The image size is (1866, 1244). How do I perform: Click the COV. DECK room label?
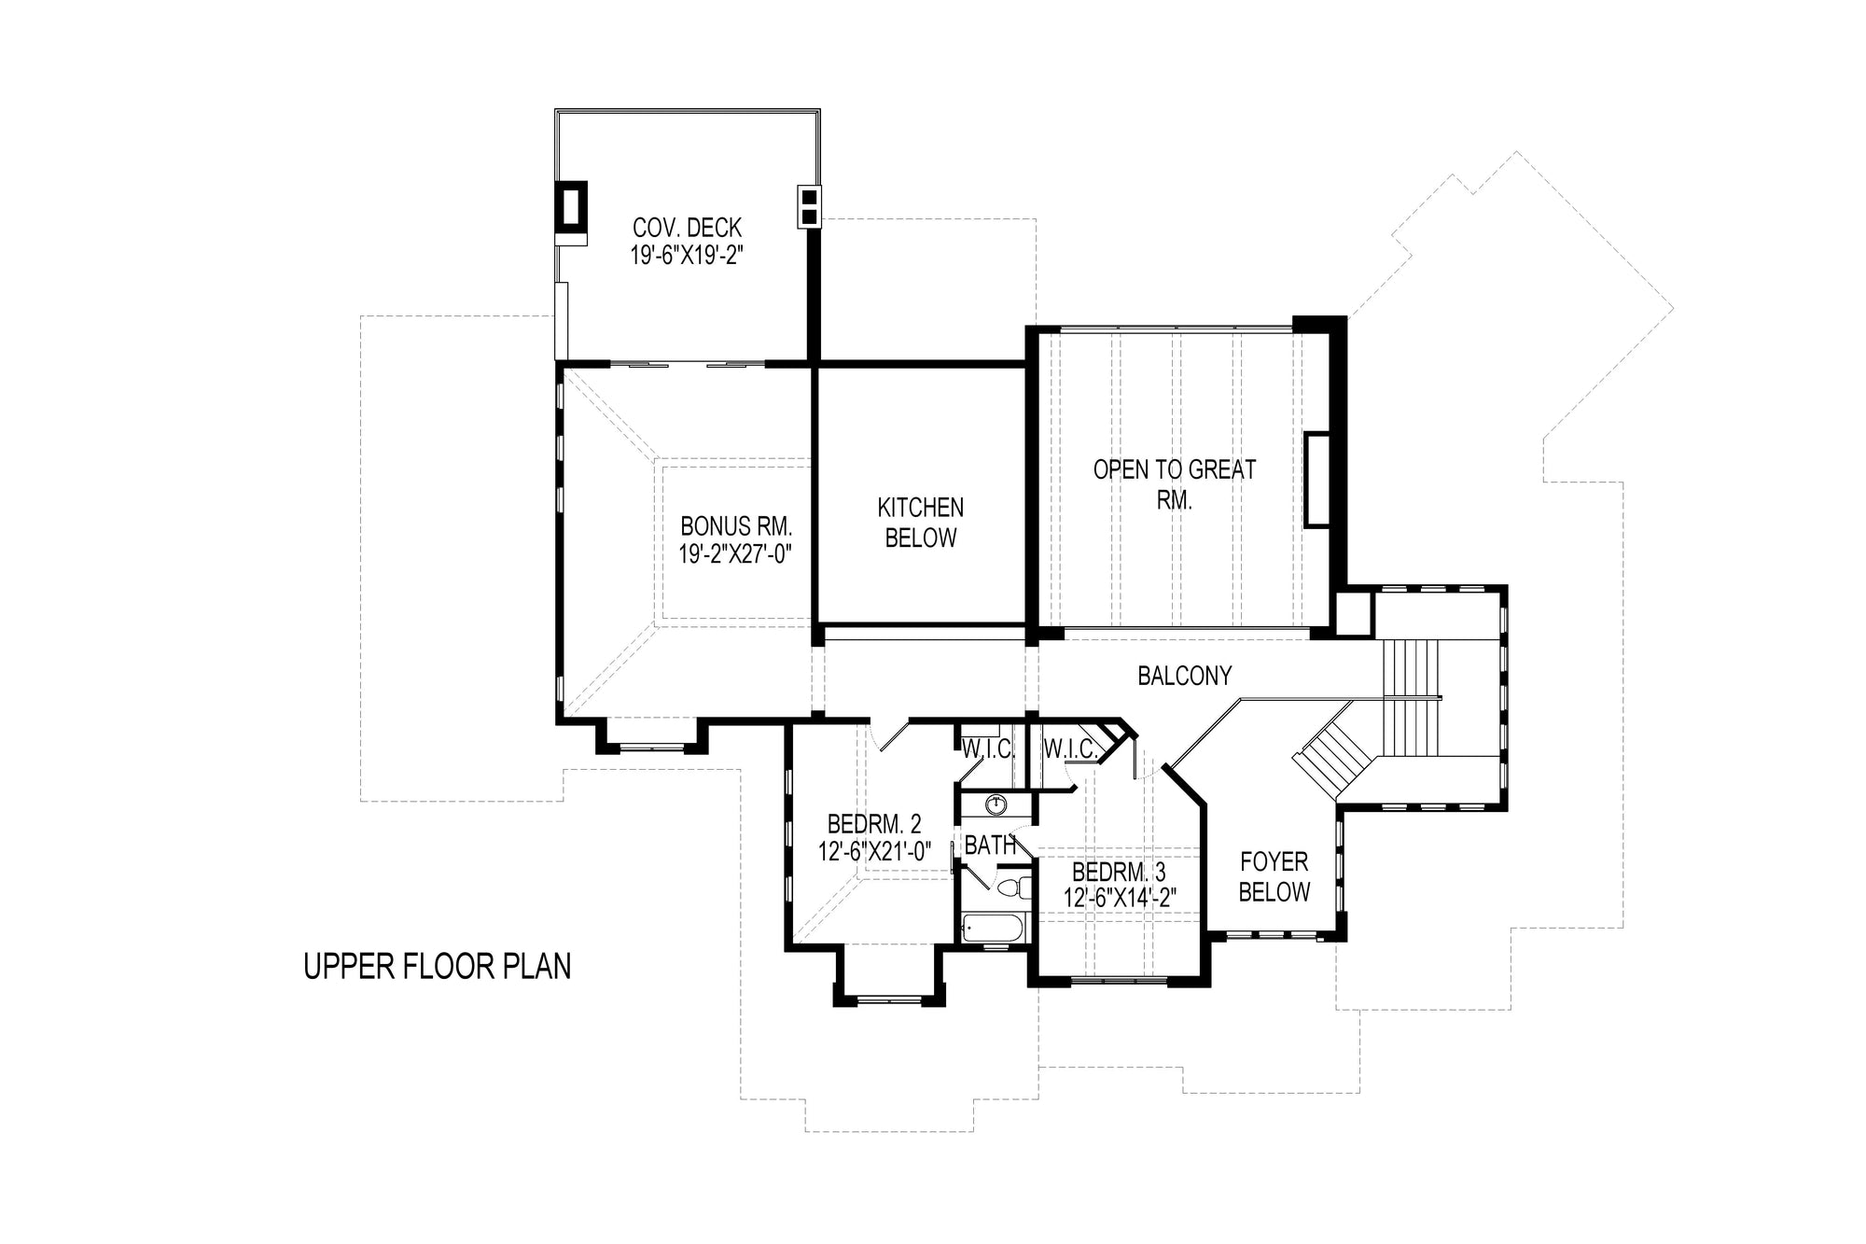(687, 227)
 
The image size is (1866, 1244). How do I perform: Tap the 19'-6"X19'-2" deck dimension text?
(687, 256)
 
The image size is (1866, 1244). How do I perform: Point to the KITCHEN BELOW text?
(921, 523)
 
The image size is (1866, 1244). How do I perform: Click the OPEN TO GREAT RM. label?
(1175, 484)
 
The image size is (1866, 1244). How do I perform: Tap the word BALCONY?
(1185, 676)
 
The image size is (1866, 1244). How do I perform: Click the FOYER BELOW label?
(1274, 876)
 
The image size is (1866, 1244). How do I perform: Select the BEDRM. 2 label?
(874, 824)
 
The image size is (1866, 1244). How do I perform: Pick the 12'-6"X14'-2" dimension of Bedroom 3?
(1120, 898)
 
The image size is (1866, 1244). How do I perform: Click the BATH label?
(990, 846)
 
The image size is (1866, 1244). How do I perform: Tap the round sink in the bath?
(997, 804)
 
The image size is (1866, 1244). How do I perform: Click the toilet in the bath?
(1013, 888)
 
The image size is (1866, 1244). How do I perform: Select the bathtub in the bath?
(994, 930)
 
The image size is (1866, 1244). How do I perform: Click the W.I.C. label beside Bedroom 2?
(987, 748)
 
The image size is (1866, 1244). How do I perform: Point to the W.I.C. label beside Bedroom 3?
(1070, 748)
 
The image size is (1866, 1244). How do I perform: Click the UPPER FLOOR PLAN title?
(437, 967)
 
